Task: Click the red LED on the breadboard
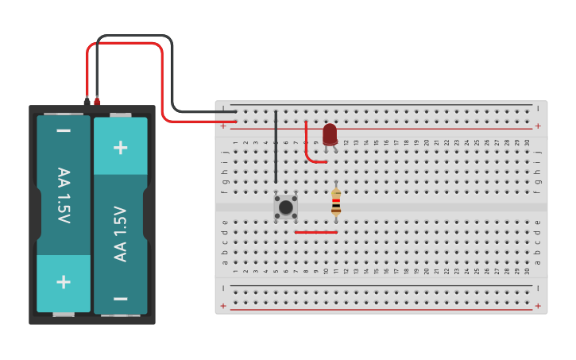tap(330, 134)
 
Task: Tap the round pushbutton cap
tap(286, 207)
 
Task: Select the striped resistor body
tap(336, 202)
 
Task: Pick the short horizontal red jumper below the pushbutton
tap(316, 233)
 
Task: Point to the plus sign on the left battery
tap(64, 282)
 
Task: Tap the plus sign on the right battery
tap(121, 147)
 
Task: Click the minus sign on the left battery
tap(64, 131)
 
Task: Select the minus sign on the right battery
tap(121, 299)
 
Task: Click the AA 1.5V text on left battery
tap(64, 195)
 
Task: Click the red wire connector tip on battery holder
tap(97, 101)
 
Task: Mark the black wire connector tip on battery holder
tap(87, 101)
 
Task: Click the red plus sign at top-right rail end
tap(538, 126)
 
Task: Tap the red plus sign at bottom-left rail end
tap(223, 306)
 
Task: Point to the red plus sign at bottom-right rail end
tap(538, 306)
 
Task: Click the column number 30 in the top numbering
tap(527, 143)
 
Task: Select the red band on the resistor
tap(336, 204)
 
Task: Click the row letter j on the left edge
tap(225, 151)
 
